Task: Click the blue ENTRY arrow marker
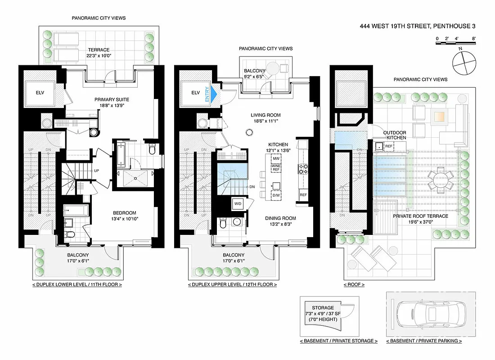[x=214, y=94]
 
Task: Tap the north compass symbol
[x=464, y=63]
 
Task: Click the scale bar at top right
[x=456, y=42]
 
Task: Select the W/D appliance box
[x=238, y=203]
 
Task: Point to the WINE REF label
[x=275, y=168]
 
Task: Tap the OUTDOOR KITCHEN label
[x=394, y=135]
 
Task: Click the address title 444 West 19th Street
[x=417, y=26]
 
